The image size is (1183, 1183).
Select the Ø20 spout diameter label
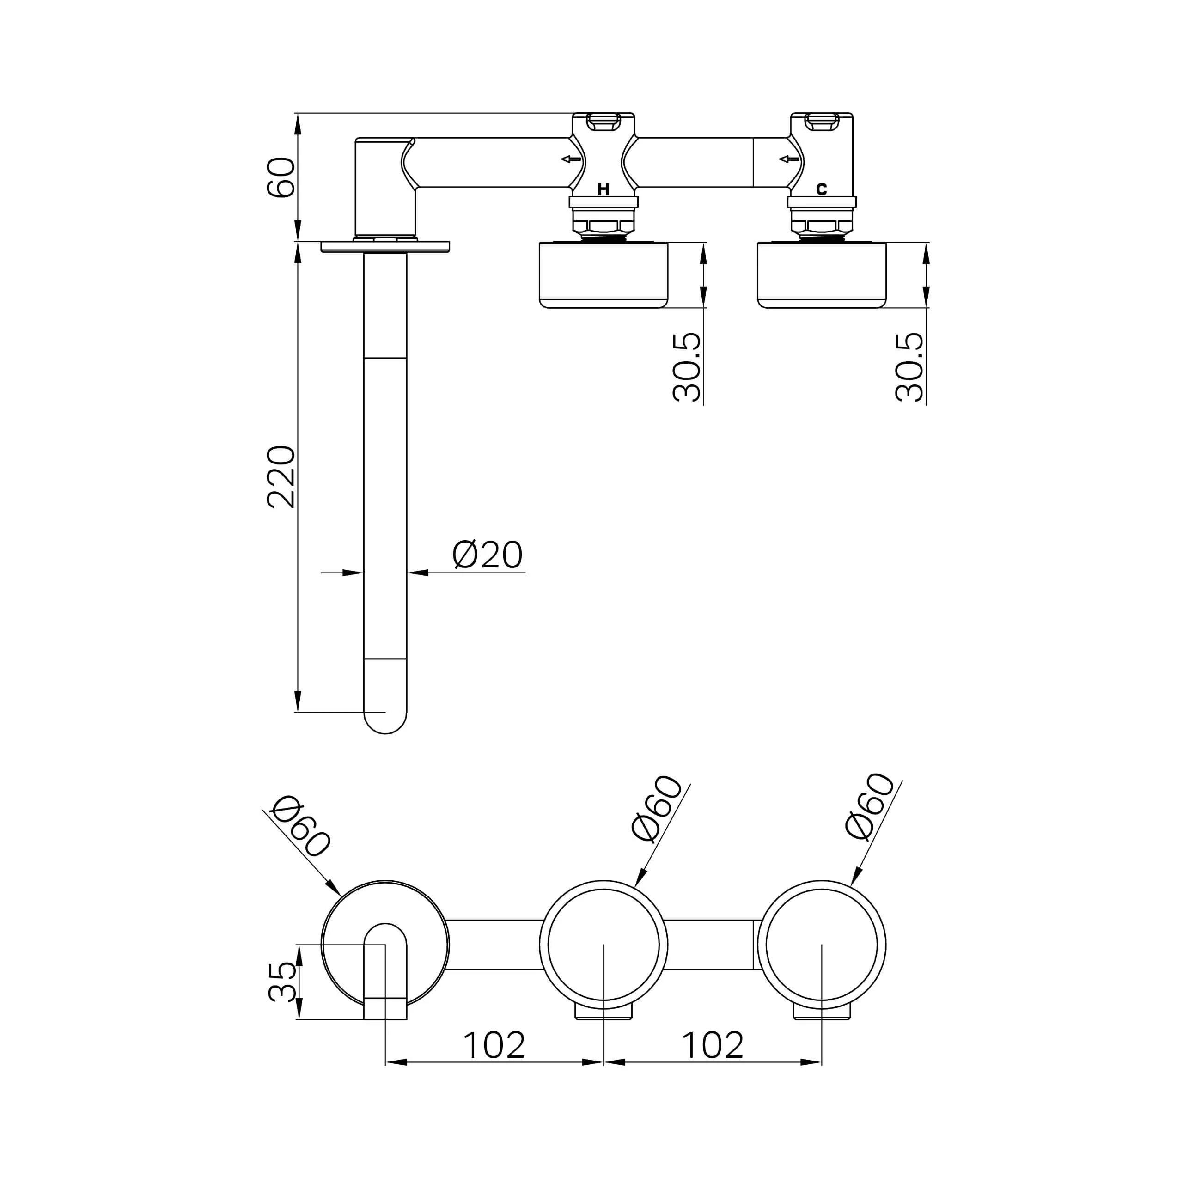pyautogui.click(x=488, y=555)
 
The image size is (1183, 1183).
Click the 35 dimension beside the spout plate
pyautogui.click(x=282, y=982)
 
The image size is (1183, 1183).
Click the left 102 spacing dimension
pyautogui.click(x=494, y=1045)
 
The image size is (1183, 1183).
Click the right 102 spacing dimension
pyautogui.click(x=712, y=1045)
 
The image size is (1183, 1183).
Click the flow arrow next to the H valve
pyautogui.click(x=571, y=159)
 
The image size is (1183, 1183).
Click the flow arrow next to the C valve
pyautogui.click(x=789, y=159)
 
